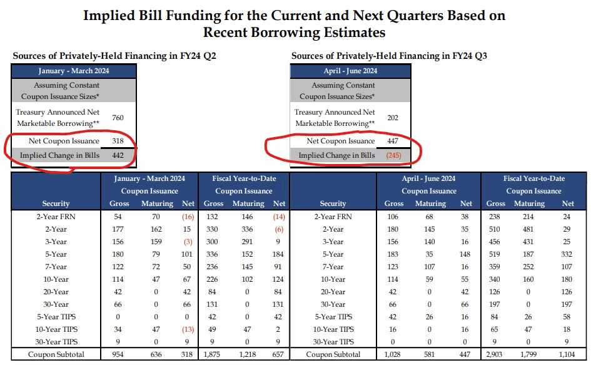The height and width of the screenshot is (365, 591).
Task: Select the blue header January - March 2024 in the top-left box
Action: pyautogui.click(x=74, y=71)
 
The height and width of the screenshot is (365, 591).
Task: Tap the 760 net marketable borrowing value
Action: pyautogui.click(x=118, y=118)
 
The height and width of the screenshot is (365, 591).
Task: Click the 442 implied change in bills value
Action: pyautogui.click(x=118, y=155)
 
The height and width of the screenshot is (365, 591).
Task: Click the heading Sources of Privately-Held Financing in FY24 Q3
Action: pyautogui.click(x=389, y=56)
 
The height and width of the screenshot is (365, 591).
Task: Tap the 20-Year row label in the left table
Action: pyautogui.click(x=56, y=291)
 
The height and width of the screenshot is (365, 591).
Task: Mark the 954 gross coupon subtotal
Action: pyautogui.click(x=119, y=355)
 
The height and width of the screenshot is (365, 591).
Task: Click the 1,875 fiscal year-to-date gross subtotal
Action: pyautogui.click(x=213, y=355)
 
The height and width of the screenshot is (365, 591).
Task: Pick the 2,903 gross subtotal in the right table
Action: pyautogui.click(x=496, y=355)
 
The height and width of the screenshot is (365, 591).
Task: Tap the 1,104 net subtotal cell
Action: pyautogui.click(x=567, y=355)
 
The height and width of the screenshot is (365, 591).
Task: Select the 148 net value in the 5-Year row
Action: pyautogui.click(x=466, y=254)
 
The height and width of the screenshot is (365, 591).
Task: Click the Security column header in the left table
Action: pyautogui.click(x=56, y=203)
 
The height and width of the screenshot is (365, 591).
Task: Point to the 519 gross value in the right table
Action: pyautogui.click(x=496, y=254)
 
